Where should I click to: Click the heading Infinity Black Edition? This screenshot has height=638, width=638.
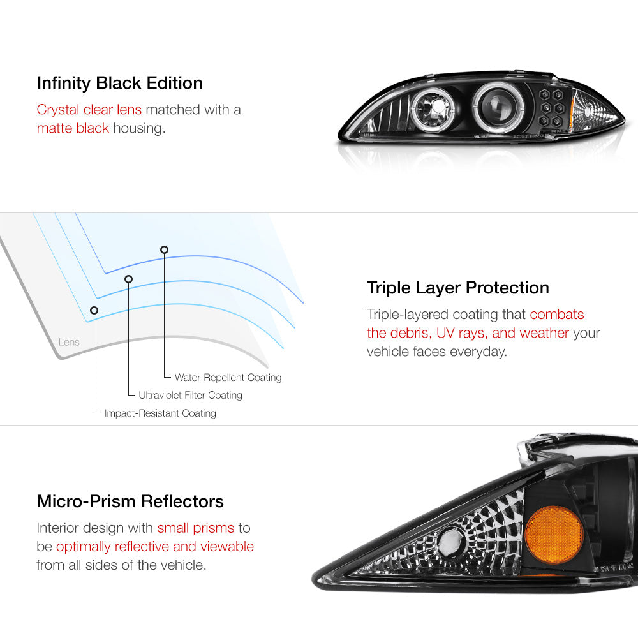click(x=119, y=83)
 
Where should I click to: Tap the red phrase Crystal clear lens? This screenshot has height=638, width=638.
click(x=89, y=109)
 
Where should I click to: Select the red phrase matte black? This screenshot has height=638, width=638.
click(x=73, y=128)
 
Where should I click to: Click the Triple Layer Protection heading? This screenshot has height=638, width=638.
click(x=457, y=288)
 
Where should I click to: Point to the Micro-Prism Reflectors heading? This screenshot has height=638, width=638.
click(x=130, y=501)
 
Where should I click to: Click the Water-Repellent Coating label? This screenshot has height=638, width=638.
click(x=228, y=378)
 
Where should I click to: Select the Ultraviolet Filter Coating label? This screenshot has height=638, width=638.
click(x=190, y=396)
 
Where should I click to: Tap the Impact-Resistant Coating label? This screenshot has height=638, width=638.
click(x=160, y=413)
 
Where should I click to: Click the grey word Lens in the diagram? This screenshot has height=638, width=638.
click(x=69, y=342)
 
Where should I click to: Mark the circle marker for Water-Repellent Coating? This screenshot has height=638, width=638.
click(x=165, y=249)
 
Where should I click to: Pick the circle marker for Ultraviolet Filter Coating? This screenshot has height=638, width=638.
click(x=128, y=279)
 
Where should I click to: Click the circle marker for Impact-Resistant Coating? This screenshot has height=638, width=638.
click(x=94, y=310)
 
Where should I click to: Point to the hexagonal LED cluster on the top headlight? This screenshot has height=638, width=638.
click(x=553, y=108)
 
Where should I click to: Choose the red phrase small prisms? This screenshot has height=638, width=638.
click(x=195, y=528)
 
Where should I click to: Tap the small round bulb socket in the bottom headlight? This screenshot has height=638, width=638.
click(x=450, y=543)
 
